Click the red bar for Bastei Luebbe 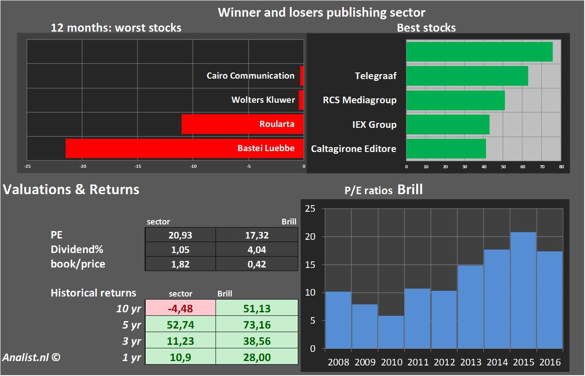185,148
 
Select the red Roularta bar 242,124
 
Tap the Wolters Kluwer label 263,100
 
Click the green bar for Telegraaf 467,76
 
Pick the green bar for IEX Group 448,124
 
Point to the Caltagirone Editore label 354,148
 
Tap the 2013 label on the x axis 471,362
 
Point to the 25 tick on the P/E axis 310,209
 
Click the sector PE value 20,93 180,235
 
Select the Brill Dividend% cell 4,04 256,249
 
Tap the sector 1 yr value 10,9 180,357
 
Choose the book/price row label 78,264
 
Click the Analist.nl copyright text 30,357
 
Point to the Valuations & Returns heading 71,189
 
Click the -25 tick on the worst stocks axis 27,166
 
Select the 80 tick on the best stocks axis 561,167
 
